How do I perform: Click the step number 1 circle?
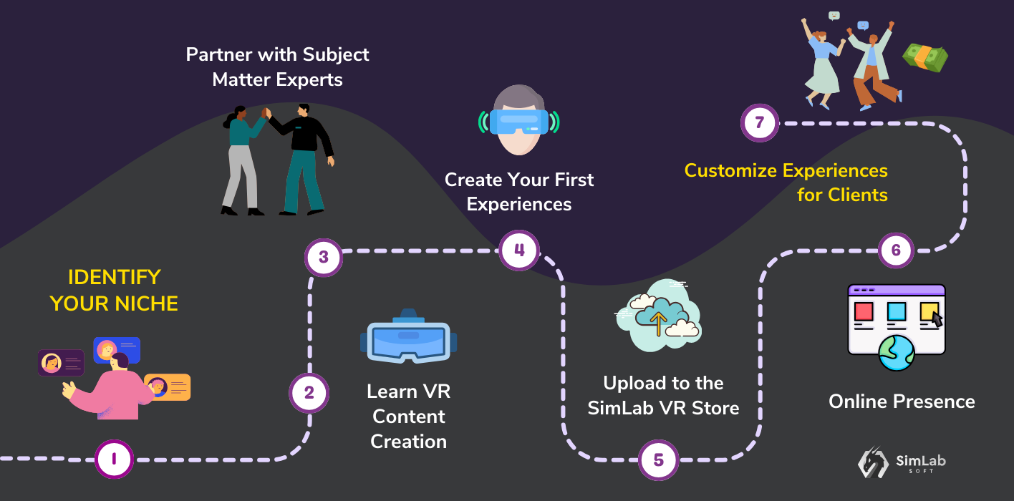(x=115, y=459)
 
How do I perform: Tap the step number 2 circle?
(x=309, y=393)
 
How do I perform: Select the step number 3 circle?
(x=324, y=256)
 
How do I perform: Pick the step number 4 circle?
(x=518, y=250)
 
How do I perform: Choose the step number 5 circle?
(x=658, y=460)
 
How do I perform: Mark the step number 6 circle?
(x=896, y=250)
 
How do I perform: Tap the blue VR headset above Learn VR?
(x=408, y=339)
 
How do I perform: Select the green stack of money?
(x=925, y=57)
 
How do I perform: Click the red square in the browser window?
(x=864, y=312)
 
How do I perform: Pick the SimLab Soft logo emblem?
(x=873, y=462)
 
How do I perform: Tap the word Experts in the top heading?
(x=309, y=79)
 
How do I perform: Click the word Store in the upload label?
(x=717, y=408)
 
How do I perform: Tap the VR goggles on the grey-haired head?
(x=518, y=120)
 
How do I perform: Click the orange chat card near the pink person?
(x=168, y=386)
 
